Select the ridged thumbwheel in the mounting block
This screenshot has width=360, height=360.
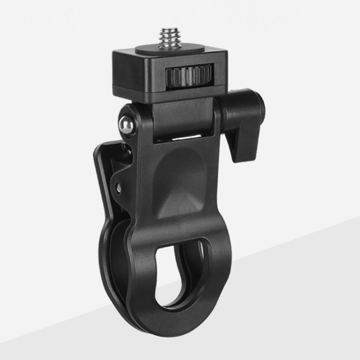[x=189, y=76]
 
